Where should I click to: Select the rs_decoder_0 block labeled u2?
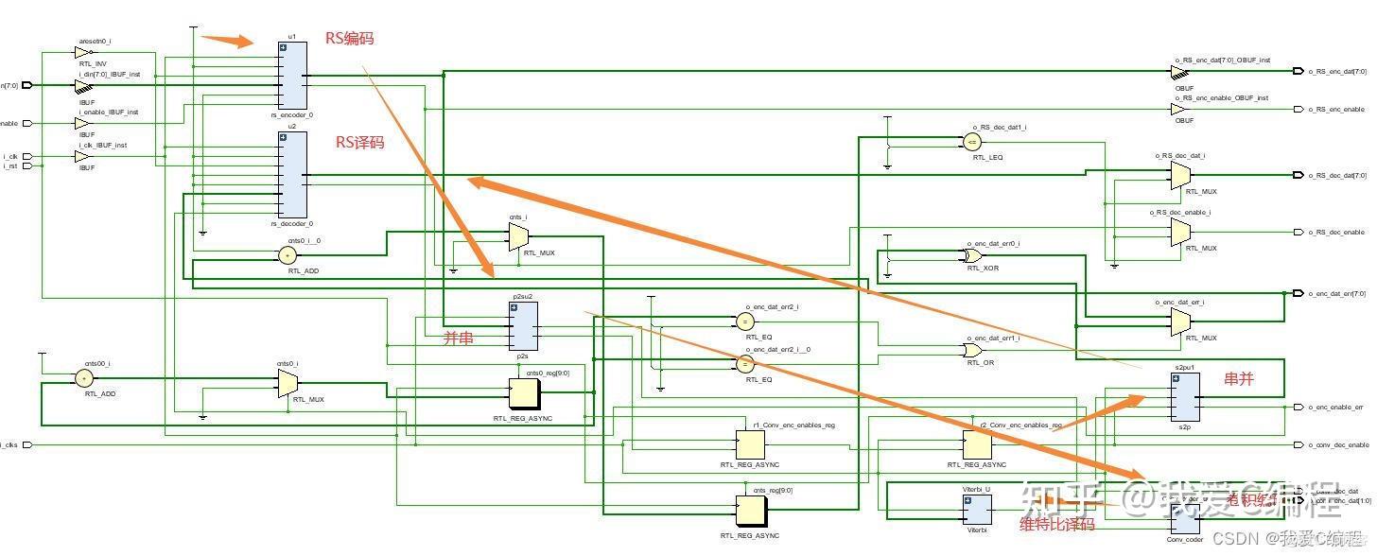[x=292, y=174]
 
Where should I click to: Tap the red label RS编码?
[x=350, y=39]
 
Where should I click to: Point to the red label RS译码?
[x=360, y=143]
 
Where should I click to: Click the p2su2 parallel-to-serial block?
[x=523, y=326]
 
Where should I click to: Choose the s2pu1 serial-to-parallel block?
[x=1185, y=396]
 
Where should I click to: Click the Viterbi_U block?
[x=977, y=510]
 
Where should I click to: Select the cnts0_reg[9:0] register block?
[x=524, y=394]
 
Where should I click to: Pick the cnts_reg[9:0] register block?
[x=751, y=512]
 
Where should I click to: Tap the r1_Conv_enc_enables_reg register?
[x=751, y=444]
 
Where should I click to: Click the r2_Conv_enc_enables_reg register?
[x=977, y=444]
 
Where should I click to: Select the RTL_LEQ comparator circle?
[x=971, y=142]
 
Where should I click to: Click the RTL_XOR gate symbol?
[x=971, y=255]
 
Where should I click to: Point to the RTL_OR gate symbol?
[x=971, y=350]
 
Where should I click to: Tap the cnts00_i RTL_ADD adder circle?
[x=84, y=378]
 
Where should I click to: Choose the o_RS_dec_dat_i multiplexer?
[x=1179, y=174]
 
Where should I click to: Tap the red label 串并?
[x=1239, y=379]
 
